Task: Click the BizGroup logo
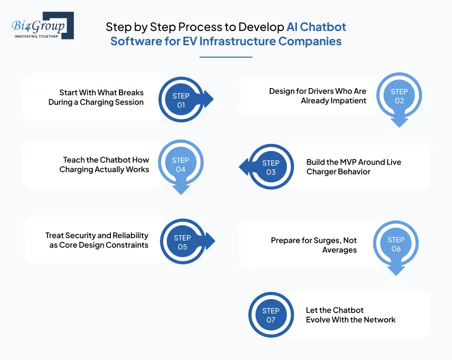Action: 42,25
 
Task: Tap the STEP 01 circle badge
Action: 181,100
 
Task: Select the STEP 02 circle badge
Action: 399,96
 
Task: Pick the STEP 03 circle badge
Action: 271,167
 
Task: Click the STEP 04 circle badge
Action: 181,165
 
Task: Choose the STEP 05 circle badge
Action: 182,242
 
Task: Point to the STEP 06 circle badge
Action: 396,244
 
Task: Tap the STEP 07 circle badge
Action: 271,315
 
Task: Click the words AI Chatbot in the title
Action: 316,27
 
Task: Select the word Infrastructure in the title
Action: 237,41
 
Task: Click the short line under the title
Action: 226,57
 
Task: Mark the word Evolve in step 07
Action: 320,320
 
